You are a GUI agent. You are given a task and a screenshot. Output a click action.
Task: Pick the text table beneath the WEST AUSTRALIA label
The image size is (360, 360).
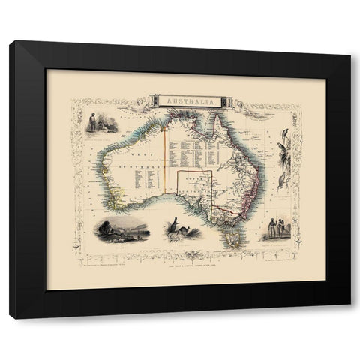click(x=145, y=178)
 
